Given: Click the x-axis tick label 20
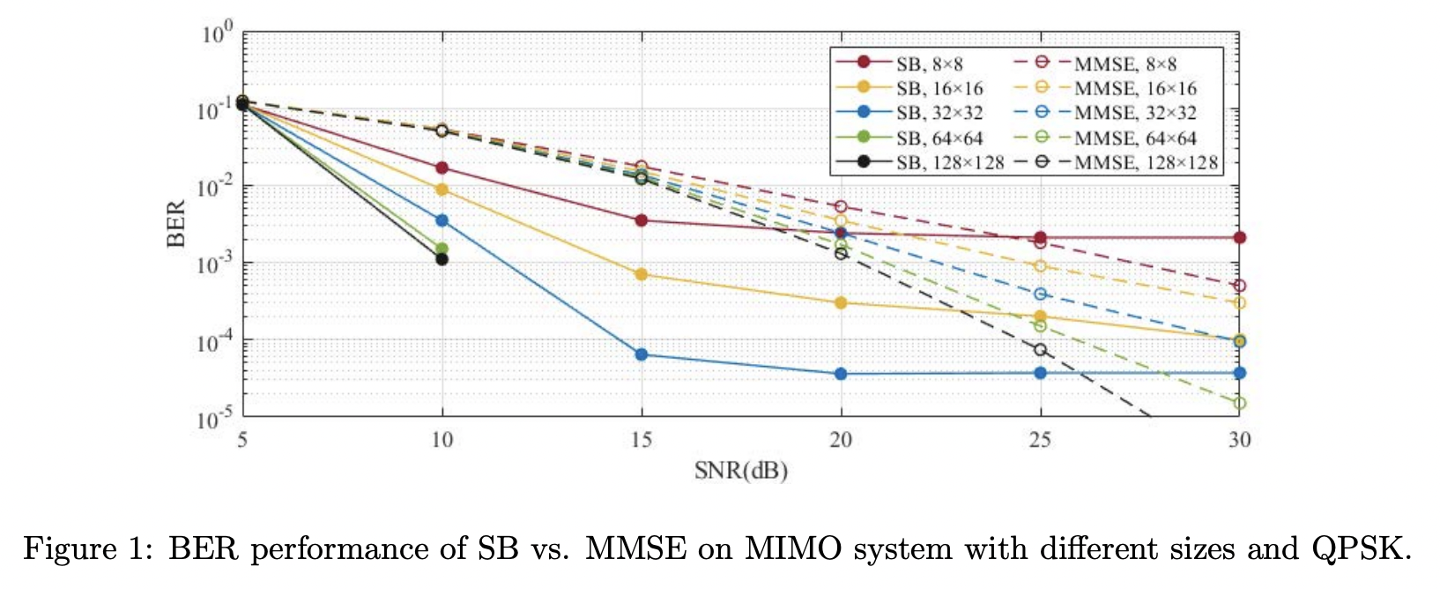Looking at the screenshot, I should coord(841,439).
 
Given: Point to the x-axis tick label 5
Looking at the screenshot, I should coord(242,439).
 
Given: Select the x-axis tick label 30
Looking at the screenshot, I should coord(1239,439).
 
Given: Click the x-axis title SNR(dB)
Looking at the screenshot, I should coord(740,470).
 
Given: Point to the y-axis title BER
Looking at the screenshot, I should coord(177,224).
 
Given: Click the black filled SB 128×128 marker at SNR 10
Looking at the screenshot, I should coord(442,258).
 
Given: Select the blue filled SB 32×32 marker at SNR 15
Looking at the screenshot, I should coord(642,354).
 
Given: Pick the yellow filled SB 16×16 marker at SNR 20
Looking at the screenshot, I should coord(841,302).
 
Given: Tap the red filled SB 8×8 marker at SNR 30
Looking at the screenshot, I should coord(1239,237).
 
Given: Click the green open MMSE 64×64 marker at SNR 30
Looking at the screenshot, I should coord(1239,403).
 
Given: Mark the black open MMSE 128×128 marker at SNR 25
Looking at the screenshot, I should coord(1040,349).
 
